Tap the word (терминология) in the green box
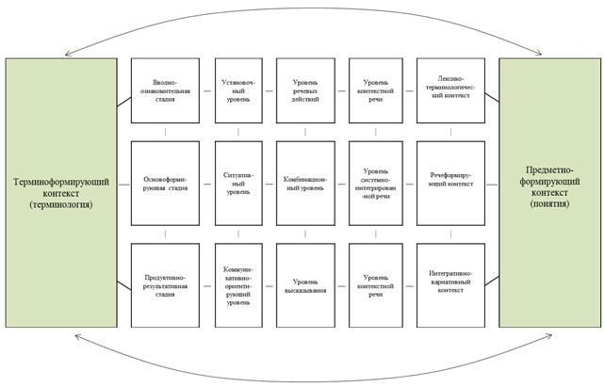59,203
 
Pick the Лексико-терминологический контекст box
450,90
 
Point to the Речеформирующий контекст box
450,182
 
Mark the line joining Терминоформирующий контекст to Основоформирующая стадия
123,183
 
